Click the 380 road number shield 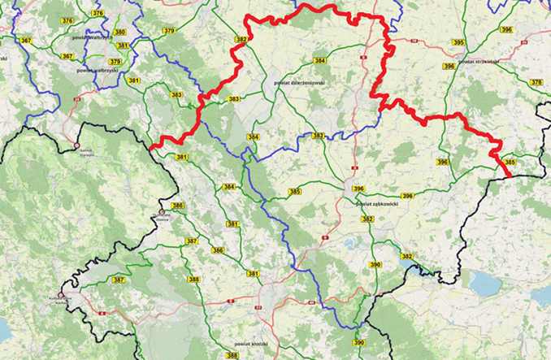120,33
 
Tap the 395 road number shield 458,42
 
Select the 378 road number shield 536,82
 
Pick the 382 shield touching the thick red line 241,39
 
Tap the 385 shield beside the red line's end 510,163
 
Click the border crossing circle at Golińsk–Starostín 76,147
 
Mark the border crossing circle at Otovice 162,212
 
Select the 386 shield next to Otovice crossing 178,206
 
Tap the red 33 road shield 258,308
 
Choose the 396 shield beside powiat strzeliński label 506,29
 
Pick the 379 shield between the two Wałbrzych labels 115,62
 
